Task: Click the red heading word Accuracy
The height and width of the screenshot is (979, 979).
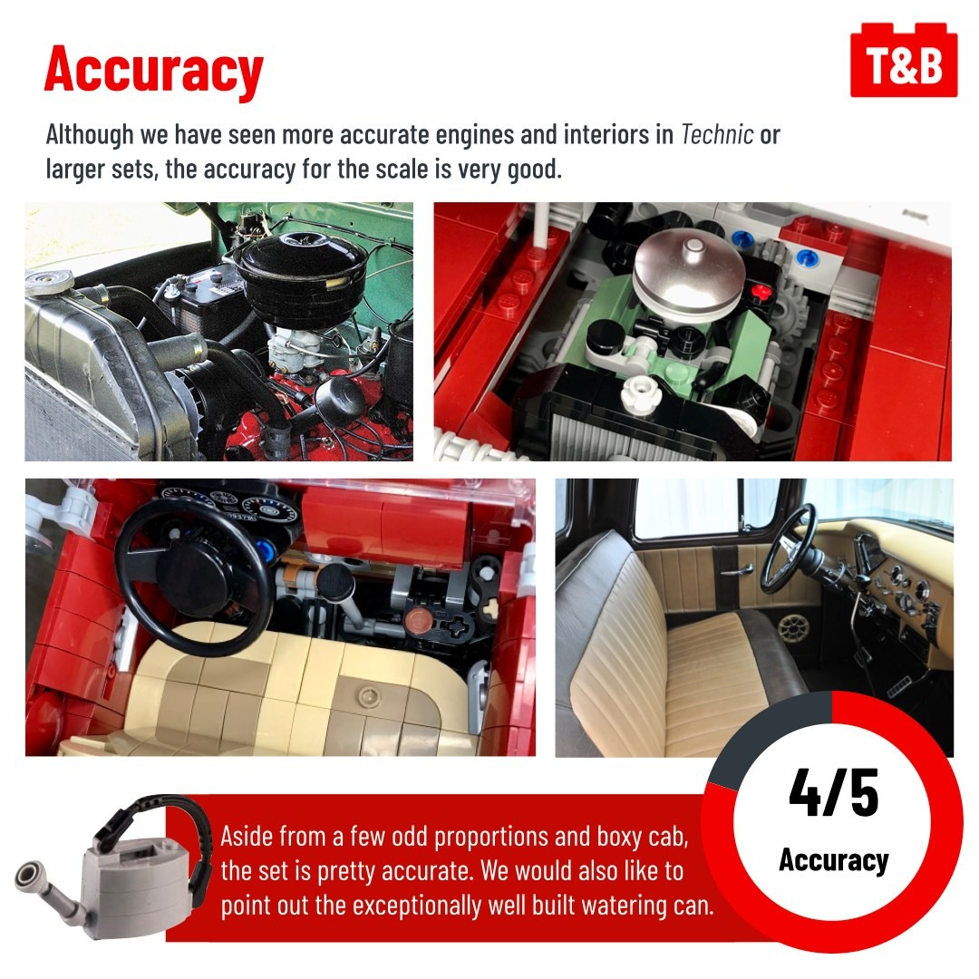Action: click(x=153, y=70)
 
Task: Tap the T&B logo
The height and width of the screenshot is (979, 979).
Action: click(x=904, y=61)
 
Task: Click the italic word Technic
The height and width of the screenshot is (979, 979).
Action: click(x=717, y=134)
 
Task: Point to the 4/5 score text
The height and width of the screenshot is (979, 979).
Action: click(x=834, y=792)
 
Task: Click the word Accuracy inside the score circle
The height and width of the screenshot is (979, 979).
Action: click(x=834, y=859)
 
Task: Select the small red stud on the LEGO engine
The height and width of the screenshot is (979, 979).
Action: click(x=759, y=291)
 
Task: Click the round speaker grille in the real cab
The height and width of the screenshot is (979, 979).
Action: click(x=792, y=625)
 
